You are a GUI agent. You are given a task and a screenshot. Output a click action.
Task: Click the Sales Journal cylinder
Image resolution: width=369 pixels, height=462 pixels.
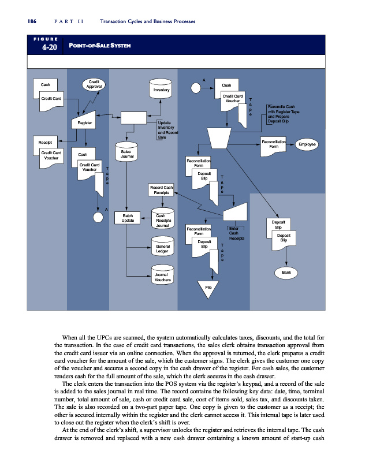point(127,152)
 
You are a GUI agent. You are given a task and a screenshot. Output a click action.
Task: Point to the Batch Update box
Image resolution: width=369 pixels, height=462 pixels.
point(128,217)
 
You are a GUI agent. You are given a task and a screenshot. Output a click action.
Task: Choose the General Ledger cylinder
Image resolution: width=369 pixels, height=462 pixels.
point(162,247)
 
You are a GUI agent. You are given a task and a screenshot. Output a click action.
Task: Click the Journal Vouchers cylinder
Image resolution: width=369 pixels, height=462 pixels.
point(162,276)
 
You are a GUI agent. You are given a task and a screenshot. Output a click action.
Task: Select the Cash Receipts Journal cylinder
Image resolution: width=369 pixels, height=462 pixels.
point(162,220)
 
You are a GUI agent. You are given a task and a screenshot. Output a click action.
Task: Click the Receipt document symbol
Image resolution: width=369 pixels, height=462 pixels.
point(45,141)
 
